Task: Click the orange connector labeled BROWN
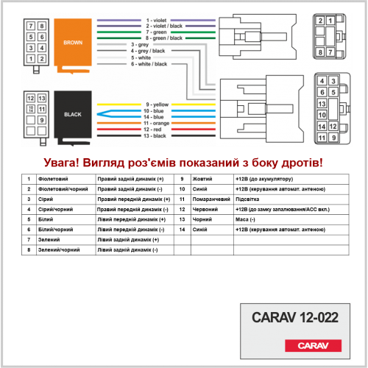(x=73, y=46)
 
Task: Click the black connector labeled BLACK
(x=73, y=118)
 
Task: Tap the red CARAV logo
(x=313, y=345)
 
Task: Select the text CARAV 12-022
(x=295, y=317)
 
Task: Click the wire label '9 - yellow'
(x=158, y=105)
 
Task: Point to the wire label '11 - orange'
(x=157, y=123)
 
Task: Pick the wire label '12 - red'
(x=152, y=130)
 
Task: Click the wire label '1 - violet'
(x=156, y=20)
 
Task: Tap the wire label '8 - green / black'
(x=164, y=38)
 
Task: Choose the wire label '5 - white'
(x=141, y=57)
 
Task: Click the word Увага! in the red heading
(x=61, y=163)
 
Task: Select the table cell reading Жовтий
(x=202, y=179)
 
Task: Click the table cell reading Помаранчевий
(x=211, y=199)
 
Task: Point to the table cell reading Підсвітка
(x=247, y=199)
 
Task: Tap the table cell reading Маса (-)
(x=245, y=219)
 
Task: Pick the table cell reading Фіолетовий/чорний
(x=63, y=189)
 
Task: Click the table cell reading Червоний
(x=205, y=209)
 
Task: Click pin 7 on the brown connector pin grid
(x=31, y=26)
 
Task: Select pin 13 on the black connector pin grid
(x=42, y=98)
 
